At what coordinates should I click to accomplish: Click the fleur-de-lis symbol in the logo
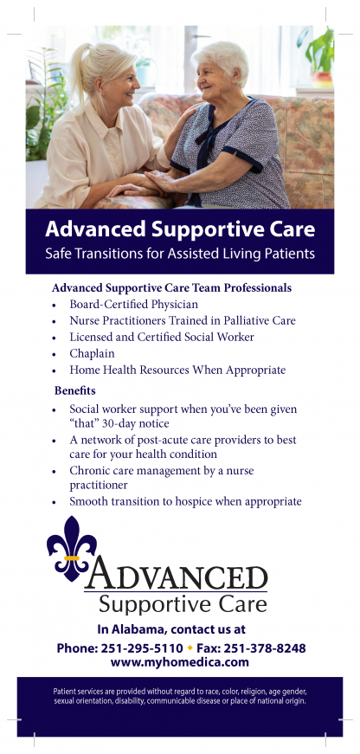71,548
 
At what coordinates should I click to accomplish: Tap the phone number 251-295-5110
142,648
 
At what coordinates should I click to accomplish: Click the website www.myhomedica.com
180,662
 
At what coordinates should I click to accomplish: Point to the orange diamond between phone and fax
190,648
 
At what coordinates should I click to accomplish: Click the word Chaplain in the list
93,354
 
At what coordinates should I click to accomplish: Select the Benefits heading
75,390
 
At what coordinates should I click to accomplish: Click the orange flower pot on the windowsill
322,79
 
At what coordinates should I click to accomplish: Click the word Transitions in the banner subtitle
101,254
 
